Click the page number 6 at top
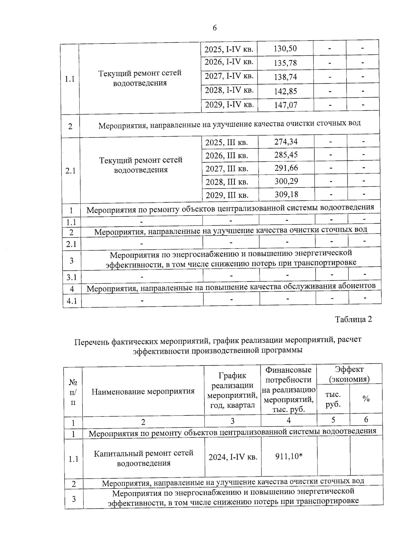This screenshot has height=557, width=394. coord(215,28)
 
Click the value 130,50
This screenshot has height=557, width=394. coord(285,49)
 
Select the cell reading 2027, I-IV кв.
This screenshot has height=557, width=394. coord(229,76)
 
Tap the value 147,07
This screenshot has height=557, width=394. coord(285,105)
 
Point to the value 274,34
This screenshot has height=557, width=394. coord(286,142)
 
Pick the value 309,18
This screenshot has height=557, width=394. coord(286,194)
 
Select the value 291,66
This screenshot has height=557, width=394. coord(286,168)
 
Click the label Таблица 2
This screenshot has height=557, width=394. coord(353,319)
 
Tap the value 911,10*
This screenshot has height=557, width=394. coord(289,456)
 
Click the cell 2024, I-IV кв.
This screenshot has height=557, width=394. coord(232,457)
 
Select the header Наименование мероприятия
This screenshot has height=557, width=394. coord(143,392)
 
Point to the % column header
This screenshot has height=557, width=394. coord(366,399)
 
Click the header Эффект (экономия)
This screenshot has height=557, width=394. coord(349,375)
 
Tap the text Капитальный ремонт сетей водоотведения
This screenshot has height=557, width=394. coord(143,458)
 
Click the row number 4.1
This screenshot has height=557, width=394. coord(72,301)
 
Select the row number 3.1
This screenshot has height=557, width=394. coord(72,278)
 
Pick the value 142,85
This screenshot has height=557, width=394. coord(285,91)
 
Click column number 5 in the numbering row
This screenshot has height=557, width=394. coord(333,420)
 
